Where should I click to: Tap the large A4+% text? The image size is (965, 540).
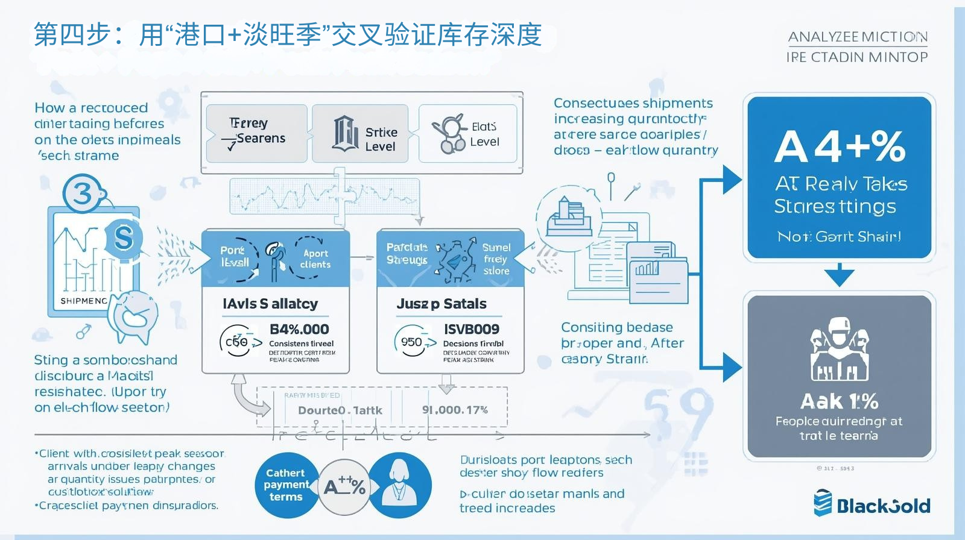[840, 147]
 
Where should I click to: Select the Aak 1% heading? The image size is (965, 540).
[839, 401]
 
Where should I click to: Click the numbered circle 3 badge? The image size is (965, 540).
[83, 193]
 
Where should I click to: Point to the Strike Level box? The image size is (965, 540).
[360, 133]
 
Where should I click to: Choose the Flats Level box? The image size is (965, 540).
[468, 134]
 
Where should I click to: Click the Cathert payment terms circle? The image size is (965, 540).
[285, 485]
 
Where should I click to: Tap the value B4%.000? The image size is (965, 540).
[299, 329]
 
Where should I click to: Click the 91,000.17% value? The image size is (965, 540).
[455, 410]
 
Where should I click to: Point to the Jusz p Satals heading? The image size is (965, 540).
[441, 304]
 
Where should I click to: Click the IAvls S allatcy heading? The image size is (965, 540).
[270, 304]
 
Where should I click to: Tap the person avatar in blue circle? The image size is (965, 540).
[399, 485]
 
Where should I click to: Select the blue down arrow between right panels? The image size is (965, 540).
[839, 275]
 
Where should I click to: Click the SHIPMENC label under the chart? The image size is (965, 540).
[84, 301]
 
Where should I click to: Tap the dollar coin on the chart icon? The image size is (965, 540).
[123, 237]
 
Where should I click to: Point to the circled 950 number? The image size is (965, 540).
[413, 342]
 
